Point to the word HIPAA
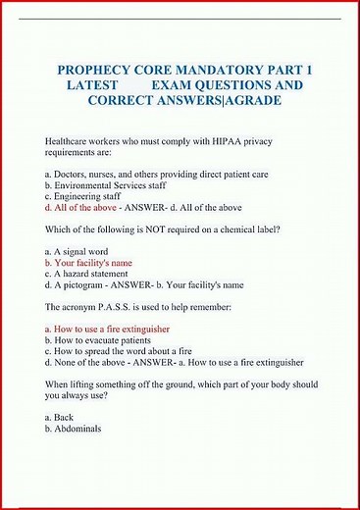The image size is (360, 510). pyautogui.click(x=222, y=142)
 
